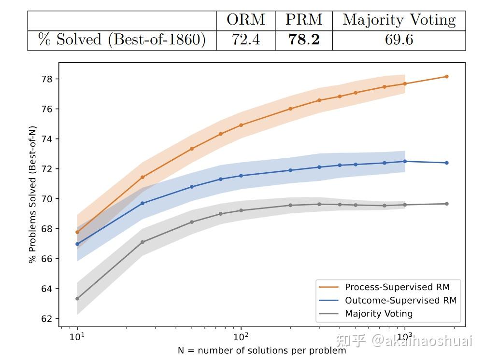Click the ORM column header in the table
(x=246, y=20)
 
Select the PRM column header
(x=304, y=20)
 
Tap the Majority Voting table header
(x=399, y=20)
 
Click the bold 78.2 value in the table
(x=304, y=40)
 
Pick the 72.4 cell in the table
(x=246, y=40)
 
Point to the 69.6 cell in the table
(x=399, y=40)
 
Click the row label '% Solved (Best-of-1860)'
(x=122, y=40)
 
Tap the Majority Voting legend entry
(x=379, y=314)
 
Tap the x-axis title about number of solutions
(x=262, y=351)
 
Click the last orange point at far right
(x=447, y=76)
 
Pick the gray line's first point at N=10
(x=77, y=298)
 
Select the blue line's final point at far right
(x=447, y=163)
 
